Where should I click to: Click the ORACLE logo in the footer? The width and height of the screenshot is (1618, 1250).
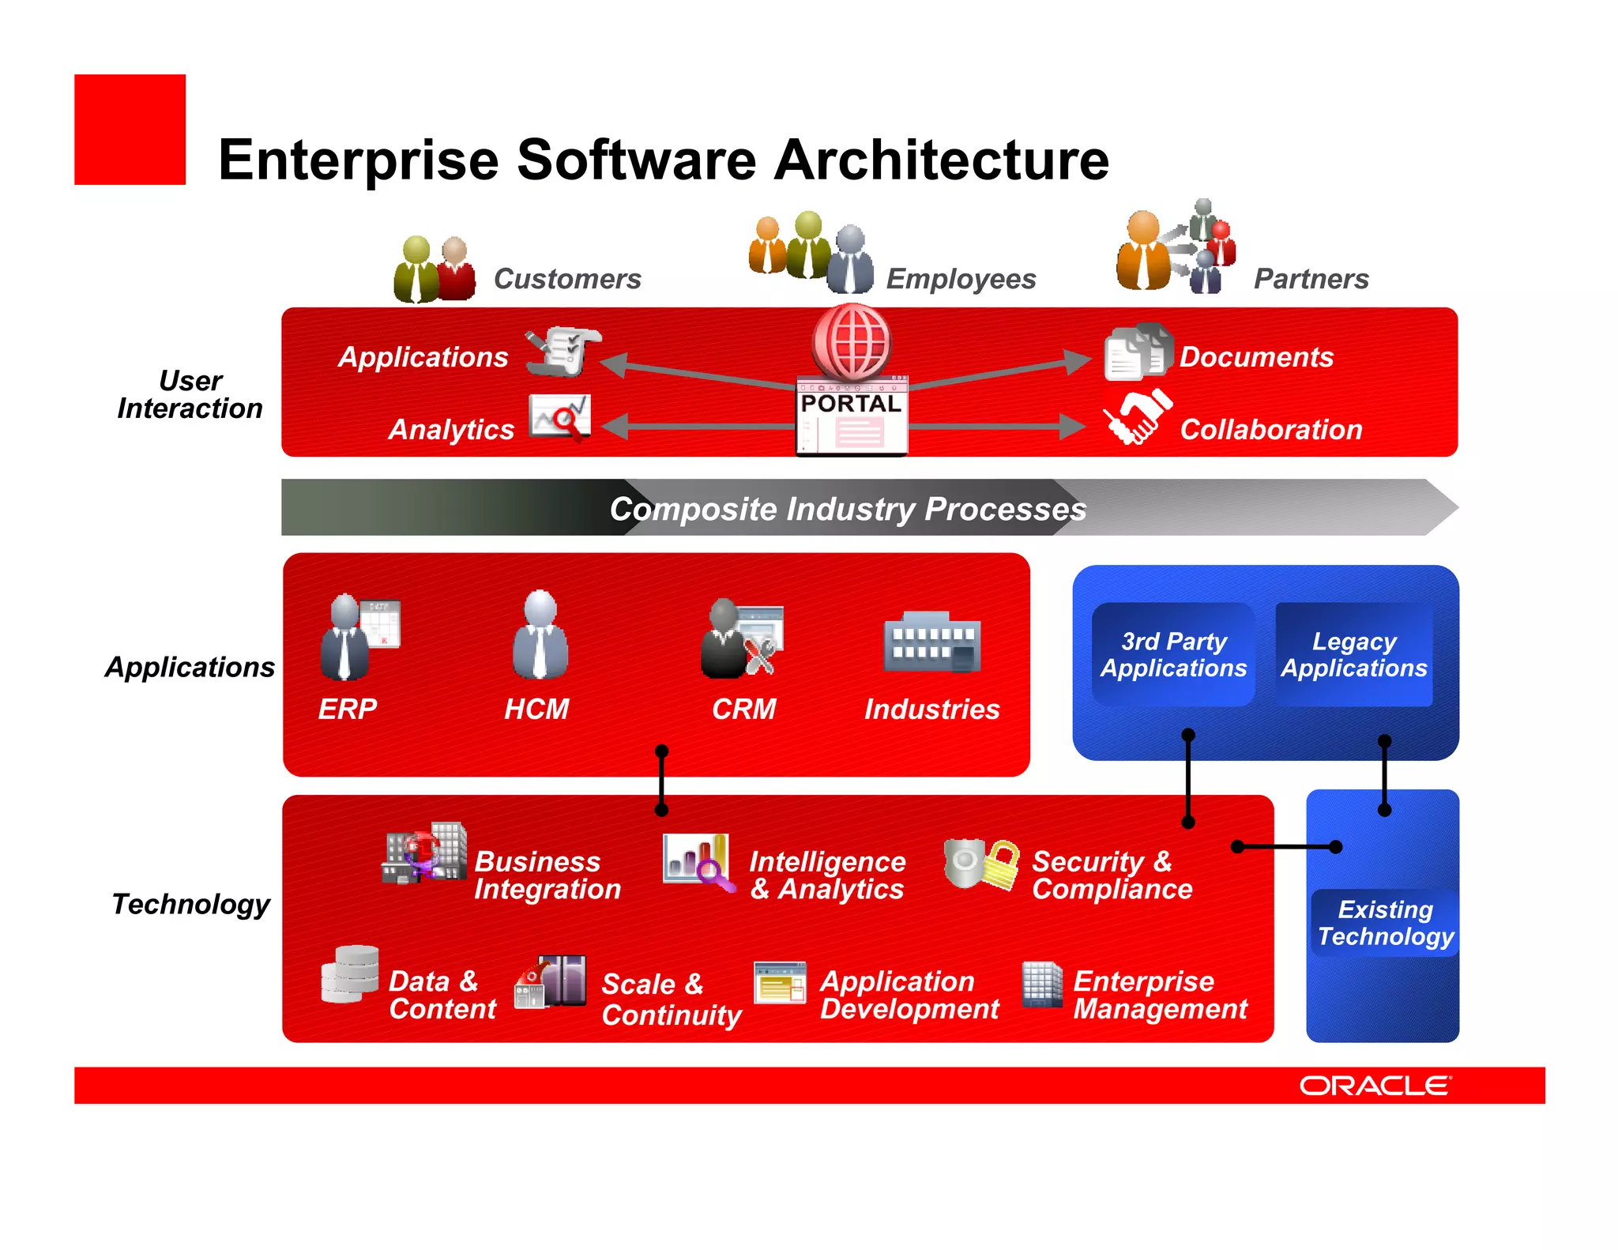pyautogui.click(x=1375, y=1086)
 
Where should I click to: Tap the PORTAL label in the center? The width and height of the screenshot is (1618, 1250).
pyautogui.click(x=851, y=404)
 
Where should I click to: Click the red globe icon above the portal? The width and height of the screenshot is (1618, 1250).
pyautogui.click(x=852, y=341)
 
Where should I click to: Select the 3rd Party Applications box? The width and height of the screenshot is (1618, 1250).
pyautogui.click(x=1173, y=654)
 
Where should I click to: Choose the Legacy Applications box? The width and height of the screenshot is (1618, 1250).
pyautogui.click(x=1354, y=654)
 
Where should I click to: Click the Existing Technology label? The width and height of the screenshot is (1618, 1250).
pyautogui.click(x=1386, y=923)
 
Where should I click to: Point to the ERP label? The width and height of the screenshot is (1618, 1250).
pyautogui.click(x=348, y=709)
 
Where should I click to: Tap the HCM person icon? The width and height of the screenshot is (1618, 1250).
pyautogui.click(x=540, y=635)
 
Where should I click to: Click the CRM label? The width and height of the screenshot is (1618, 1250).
pyautogui.click(x=743, y=709)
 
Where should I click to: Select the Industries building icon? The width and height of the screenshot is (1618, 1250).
pyautogui.click(x=932, y=642)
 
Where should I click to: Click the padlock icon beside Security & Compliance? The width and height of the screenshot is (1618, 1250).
pyautogui.click(x=1001, y=864)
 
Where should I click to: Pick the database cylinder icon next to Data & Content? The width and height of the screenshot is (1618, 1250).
pyautogui.click(x=350, y=973)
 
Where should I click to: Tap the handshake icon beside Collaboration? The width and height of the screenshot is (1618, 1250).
pyautogui.click(x=1138, y=416)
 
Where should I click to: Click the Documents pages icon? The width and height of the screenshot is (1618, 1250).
pyautogui.click(x=1138, y=352)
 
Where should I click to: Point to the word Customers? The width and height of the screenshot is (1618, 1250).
pyautogui.click(x=567, y=279)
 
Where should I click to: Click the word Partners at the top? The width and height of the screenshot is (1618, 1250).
pyautogui.click(x=1311, y=279)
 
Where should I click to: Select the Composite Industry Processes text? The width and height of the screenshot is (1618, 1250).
pyautogui.click(x=848, y=509)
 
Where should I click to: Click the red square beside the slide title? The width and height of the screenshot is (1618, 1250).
pyautogui.click(x=130, y=130)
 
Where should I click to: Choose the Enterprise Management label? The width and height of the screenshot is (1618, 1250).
pyautogui.click(x=1160, y=995)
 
